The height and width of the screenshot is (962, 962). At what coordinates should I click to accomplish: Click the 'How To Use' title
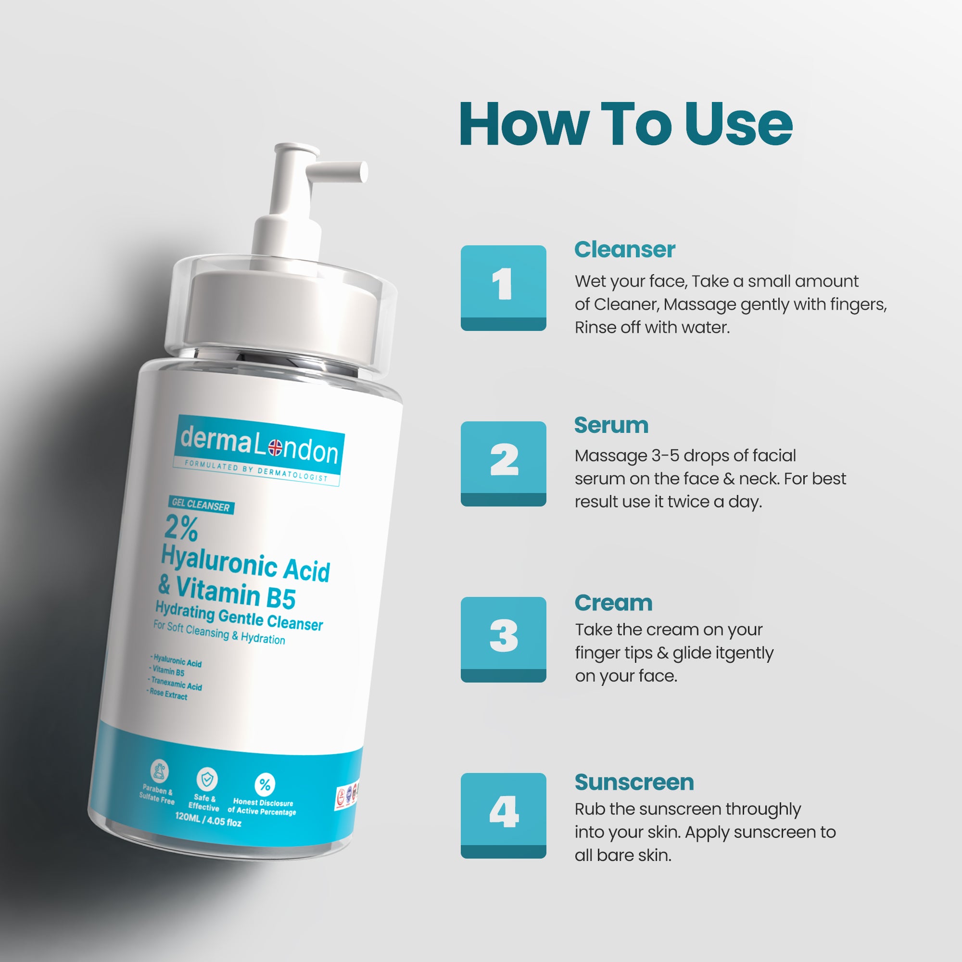[x=625, y=125]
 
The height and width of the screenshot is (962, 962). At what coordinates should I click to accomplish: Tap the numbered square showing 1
[x=503, y=287]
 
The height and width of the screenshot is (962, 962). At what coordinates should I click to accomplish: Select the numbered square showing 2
[x=503, y=464]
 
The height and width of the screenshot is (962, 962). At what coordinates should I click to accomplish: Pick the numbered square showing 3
[x=503, y=639]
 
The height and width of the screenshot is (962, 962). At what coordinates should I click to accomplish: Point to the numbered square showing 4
[x=503, y=815]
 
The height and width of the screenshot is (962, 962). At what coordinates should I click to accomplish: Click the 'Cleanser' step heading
[x=624, y=250]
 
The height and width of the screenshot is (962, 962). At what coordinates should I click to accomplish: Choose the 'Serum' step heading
[x=611, y=425]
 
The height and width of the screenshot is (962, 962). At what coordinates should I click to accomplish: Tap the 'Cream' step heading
[x=613, y=603]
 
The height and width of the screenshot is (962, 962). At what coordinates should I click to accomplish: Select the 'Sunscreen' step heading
[x=634, y=782]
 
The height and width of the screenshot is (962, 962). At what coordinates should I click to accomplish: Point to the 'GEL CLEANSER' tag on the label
[x=201, y=505]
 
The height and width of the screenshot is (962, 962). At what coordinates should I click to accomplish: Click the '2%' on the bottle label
[x=181, y=528]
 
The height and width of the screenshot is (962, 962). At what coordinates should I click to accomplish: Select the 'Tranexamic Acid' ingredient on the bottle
[x=176, y=684]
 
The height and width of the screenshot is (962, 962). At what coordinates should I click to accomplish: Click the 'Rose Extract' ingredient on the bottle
[x=168, y=694]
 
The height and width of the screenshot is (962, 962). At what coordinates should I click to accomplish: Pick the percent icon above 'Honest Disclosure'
[x=265, y=785]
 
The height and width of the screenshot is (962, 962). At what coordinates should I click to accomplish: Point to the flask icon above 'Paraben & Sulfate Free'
[x=159, y=772]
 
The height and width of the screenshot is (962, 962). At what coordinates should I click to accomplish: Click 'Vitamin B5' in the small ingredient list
[x=168, y=671]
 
